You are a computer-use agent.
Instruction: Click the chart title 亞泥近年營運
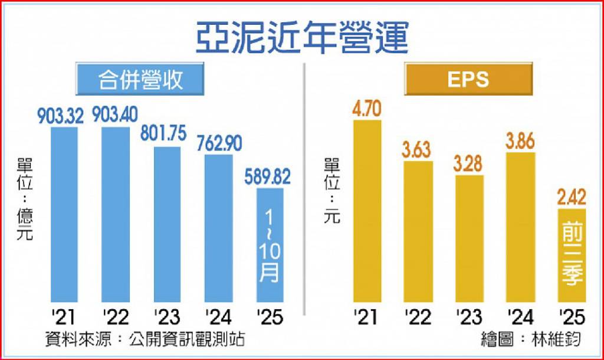[301, 38]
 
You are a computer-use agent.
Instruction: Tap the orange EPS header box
[468, 78]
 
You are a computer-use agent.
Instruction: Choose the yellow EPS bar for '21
[367, 212]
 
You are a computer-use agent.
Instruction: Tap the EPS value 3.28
[469, 163]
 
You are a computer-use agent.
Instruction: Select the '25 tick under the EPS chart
[570, 318]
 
